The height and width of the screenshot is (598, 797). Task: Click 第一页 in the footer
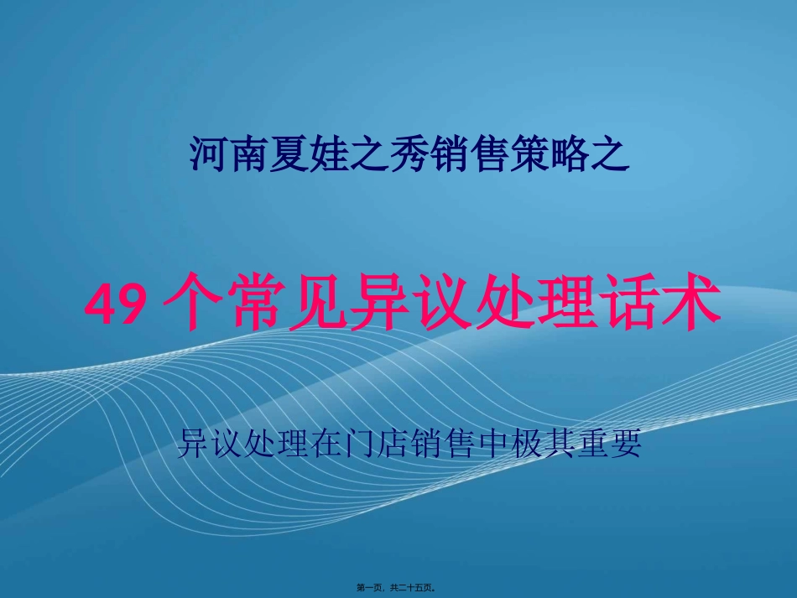coord(373,588)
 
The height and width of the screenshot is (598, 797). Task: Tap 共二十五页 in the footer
coord(416,588)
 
